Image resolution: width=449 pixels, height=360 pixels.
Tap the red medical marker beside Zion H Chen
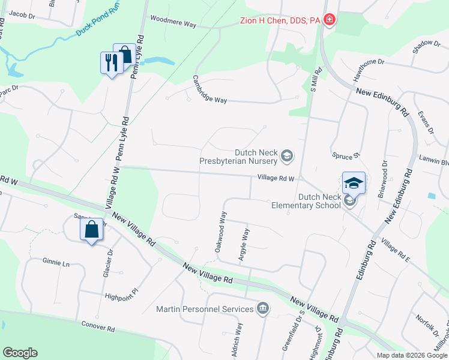tap(329, 20)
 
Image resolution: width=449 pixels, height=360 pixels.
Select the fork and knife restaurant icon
tap(110, 62)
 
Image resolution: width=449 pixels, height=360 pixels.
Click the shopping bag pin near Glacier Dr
tap(91, 231)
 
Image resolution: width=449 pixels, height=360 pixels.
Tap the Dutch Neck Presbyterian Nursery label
tap(240, 156)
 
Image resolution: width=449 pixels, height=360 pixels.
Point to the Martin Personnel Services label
tap(205, 309)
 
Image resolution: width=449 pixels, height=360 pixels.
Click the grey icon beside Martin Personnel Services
tap(262, 309)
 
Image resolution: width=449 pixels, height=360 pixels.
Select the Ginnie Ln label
tap(56, 262)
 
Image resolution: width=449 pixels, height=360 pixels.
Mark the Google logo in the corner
tap(20, 353)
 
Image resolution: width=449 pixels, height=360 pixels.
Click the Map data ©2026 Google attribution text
tap(411, 355)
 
